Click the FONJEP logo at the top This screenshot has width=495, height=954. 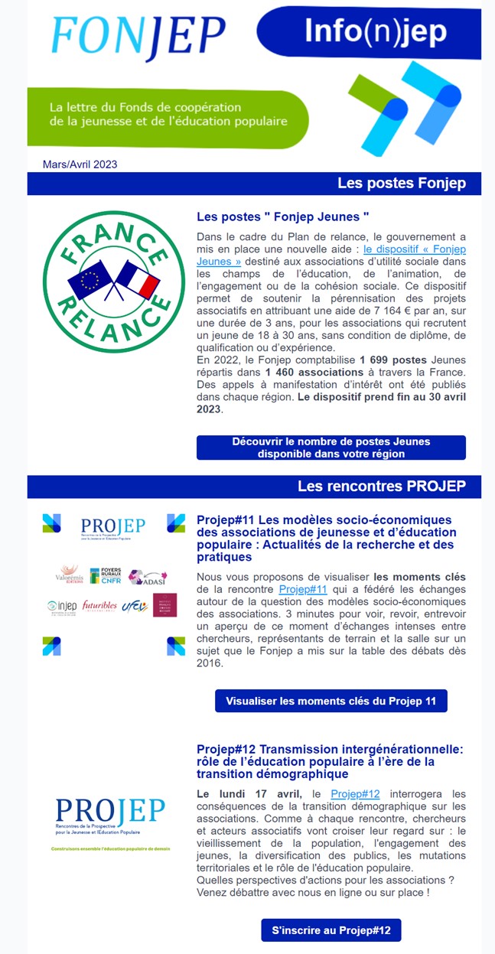point(138,37)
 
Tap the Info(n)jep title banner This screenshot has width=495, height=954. point(375,32)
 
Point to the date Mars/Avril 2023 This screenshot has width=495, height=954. point(80,164)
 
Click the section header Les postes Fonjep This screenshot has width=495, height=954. point(401,184)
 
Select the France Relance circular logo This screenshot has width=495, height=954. point(107,282)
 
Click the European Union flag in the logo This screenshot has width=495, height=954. point(90,280)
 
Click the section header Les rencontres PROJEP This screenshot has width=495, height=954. point(381,487)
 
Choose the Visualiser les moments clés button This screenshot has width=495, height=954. point(331,701)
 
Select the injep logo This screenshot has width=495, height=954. point(62,607)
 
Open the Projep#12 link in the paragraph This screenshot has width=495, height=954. point(355,793)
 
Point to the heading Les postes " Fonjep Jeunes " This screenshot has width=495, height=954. point(283,217)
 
